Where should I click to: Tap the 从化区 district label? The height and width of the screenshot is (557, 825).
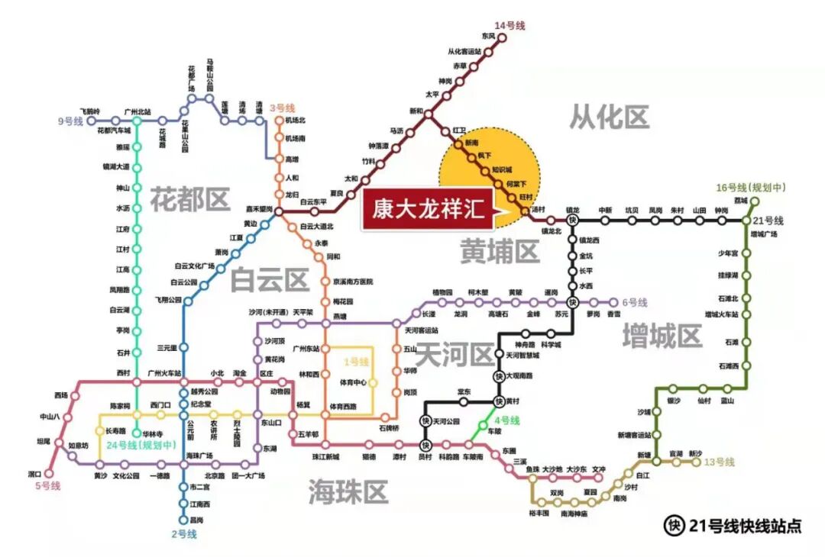[x=609, y=117]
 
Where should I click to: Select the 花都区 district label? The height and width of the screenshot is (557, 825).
[x=189, y=199]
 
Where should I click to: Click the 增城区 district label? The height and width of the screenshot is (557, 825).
[x=662, y=336]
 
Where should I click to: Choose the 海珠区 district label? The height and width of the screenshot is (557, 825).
[x=348, y=491]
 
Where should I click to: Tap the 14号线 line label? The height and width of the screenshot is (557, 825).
[x=510, y=26]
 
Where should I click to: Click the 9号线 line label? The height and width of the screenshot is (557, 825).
[x=70, y=121]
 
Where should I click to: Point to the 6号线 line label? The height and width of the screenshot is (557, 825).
[x=635, y=302]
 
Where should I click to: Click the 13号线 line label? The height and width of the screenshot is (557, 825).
[x=719, y=462]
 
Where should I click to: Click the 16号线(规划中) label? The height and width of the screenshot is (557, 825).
[x=751, y=188]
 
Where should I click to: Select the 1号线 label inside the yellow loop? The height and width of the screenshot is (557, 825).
[x=355, y=361]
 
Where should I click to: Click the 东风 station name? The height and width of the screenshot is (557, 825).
[x=489, y=36]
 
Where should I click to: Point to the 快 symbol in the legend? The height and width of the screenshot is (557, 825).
[x=674, y=525]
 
